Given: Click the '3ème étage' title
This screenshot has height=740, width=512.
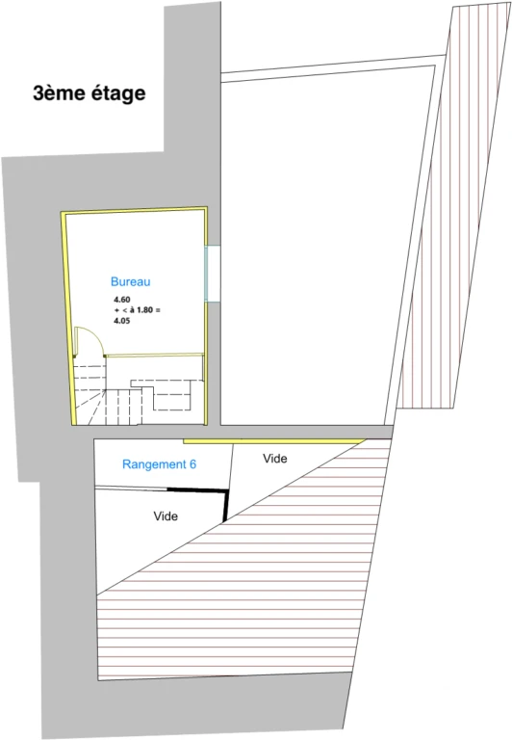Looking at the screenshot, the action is pos(90,93).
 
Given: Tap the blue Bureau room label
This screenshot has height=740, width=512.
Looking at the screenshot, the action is pos(131,281).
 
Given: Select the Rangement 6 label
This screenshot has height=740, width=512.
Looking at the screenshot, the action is pos(159,464).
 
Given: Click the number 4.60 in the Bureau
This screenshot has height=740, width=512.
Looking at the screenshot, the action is pos(121,300).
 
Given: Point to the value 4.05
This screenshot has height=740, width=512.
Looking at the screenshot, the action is pos(121,321).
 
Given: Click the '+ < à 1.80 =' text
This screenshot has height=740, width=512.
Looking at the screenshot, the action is pos(138,310).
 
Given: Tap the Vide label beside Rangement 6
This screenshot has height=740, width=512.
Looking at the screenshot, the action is pos(275,459).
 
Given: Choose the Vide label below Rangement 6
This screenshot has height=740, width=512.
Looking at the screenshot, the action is pos(166,515).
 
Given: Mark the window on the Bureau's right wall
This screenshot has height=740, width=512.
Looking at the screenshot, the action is pos(213,274).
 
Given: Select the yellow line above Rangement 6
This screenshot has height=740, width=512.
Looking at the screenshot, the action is pos(274,441).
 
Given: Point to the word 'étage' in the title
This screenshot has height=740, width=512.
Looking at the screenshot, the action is pos(117,93).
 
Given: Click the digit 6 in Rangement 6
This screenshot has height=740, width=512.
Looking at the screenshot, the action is pos(192,464).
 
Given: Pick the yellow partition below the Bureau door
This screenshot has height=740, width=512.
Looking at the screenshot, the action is pos(154,355).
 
